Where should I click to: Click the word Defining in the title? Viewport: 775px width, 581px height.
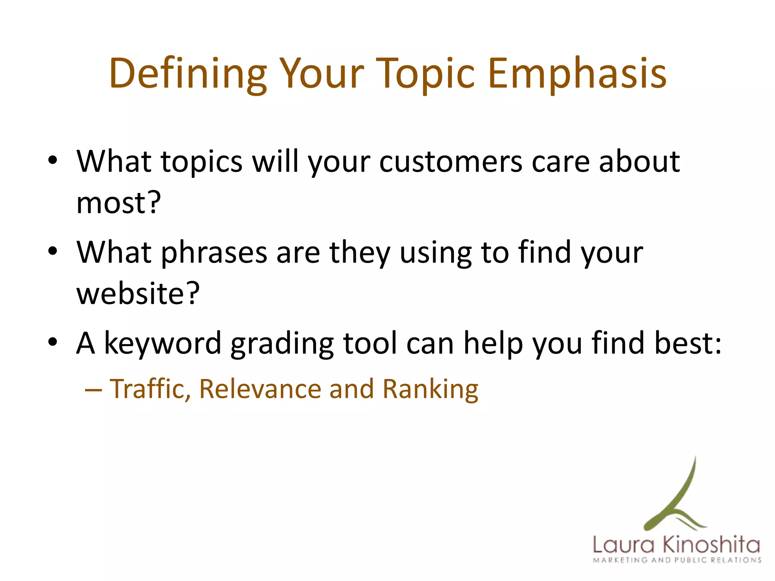[188, 74]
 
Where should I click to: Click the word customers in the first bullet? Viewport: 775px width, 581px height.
[451, 162]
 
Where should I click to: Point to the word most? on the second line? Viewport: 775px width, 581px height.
[118, 203]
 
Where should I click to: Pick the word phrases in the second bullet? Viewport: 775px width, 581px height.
[214, 253]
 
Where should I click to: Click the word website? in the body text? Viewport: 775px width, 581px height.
[138, 294]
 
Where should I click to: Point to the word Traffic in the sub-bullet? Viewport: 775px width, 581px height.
[150, 389]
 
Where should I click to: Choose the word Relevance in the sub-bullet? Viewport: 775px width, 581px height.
[260, 389]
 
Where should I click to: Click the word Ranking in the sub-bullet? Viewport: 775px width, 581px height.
[430, 390]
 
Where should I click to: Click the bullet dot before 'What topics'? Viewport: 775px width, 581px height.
[53, 160]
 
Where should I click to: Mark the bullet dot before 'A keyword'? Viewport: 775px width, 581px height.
[53, 342]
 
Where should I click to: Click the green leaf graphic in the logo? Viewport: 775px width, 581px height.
[677, 499]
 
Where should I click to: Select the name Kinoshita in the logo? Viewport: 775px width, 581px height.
[711, 545]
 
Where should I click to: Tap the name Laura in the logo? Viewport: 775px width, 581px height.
[623, 545]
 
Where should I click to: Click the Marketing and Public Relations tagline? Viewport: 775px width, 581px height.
[677, 560]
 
